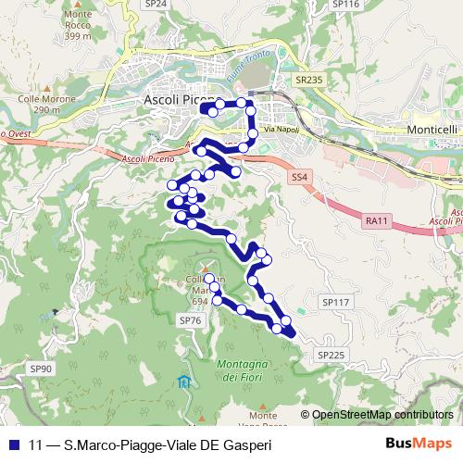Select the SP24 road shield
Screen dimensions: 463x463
coord(156,5)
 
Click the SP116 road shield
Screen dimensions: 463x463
coord(344,5)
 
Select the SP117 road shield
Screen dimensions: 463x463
coord(333,303)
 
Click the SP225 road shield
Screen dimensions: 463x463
coord(330,355)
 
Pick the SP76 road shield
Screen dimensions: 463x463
coord(190,319)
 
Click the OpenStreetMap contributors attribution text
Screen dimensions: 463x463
coord(382,415)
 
